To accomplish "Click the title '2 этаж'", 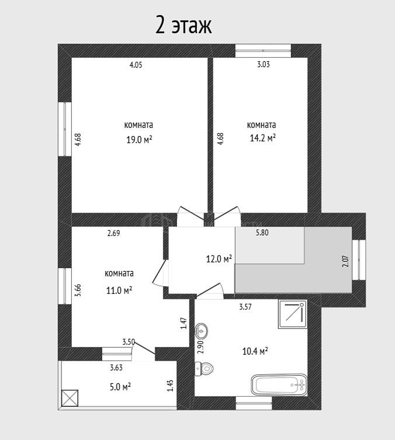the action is pos(183,26).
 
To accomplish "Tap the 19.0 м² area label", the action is pos(139,139).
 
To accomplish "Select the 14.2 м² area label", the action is pos(262,138).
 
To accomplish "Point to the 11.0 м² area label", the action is pos(119,290).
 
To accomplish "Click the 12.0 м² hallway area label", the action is pos(219,258).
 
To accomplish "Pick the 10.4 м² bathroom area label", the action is pos(255,351).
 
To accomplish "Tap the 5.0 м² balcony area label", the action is pos(120,387).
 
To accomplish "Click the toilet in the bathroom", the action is pos(204,368).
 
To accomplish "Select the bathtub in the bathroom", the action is pos(279,384).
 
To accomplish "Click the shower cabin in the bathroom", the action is pos(293,314).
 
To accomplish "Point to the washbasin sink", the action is pos(201,331).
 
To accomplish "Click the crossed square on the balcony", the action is pos(70,398).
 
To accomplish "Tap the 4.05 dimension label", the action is pos(136,65).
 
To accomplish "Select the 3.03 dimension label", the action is pos(264,64).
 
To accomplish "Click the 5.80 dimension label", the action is pos(262,233).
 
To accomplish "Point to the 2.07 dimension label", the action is pos(346,261).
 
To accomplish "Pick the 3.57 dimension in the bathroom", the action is pos(245,307).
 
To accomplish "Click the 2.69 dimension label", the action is pos(113,233).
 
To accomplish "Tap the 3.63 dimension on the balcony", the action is pos(116,368).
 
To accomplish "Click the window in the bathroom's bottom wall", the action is pos(254,403).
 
